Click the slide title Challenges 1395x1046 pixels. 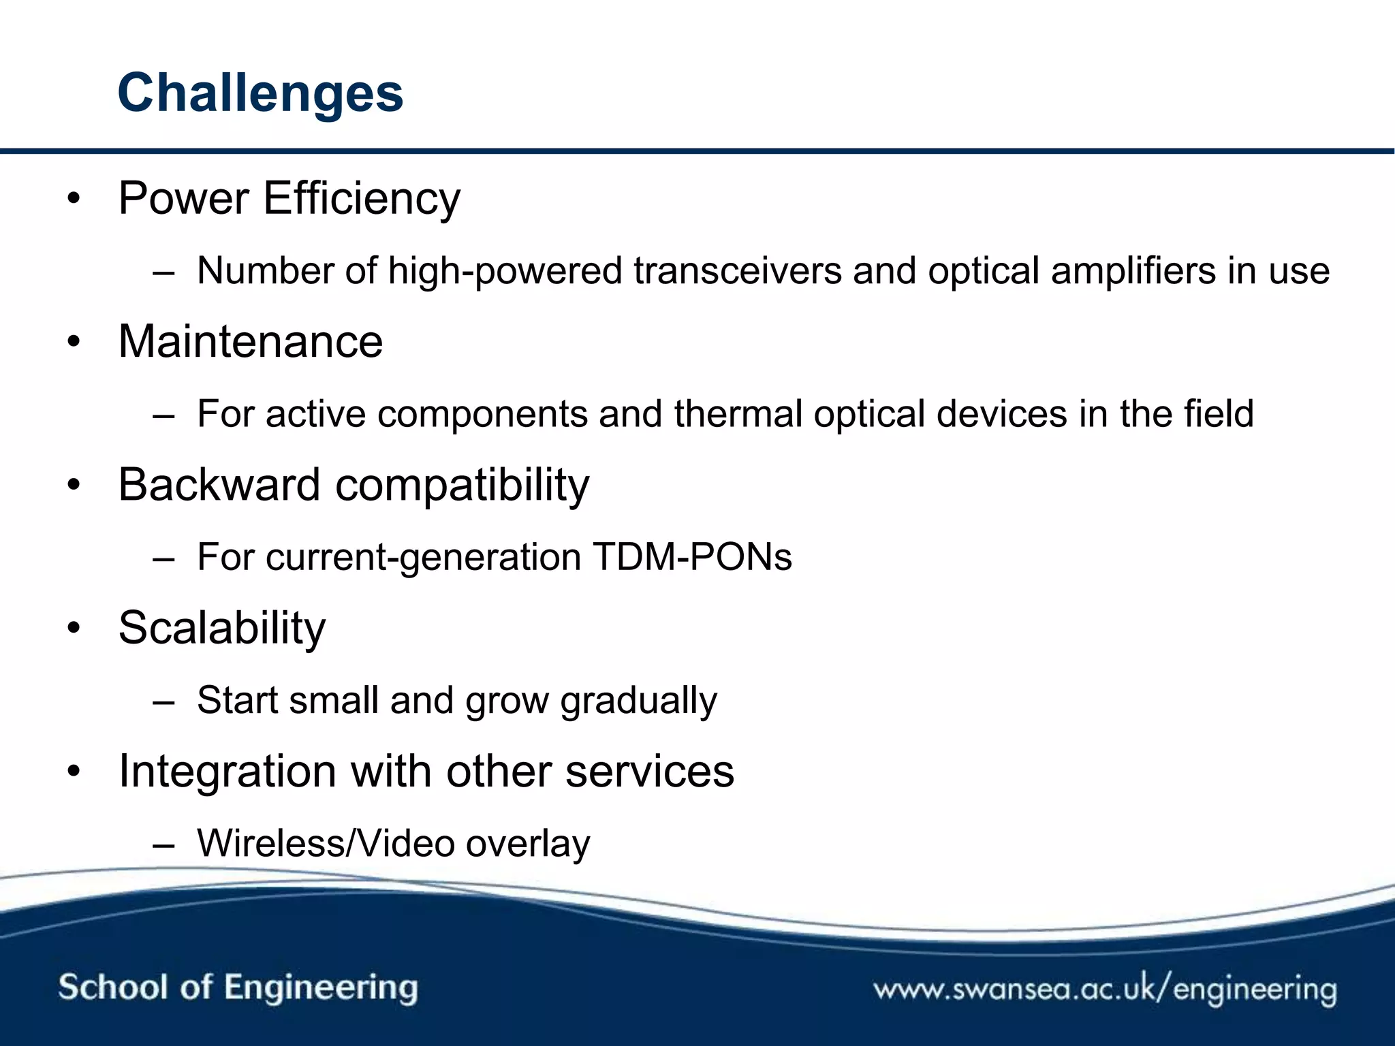pyautogui.click(x=260, y=93)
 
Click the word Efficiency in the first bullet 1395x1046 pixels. pyautogui.click(x=361, y=199)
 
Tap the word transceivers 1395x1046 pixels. pyautogui.click(x=737, y=271)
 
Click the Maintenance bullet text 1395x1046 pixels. pyautogui.click(x=251, y=342)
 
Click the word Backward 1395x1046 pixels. pyautogui.click(x=219, y=485)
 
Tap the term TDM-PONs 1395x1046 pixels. pyautogui.click(x=692, y=557)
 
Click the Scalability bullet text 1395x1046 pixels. pyautogui.click(x=222, y=628)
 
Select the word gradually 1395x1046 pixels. pyautogui.click(x=638, y=701)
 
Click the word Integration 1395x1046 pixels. pyautogui.click(x=228, y=772)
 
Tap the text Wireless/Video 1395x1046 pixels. pyautogui.click(x=326, y=843)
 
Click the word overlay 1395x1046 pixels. pyautogui.click(x=528, y=844)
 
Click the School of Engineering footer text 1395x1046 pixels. pyautogui.click(x=238, y=987)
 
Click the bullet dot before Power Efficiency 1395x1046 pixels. pyautogui.click(x=74, y=199)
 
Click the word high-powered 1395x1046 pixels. pyautogui.click(x=505, y=271)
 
